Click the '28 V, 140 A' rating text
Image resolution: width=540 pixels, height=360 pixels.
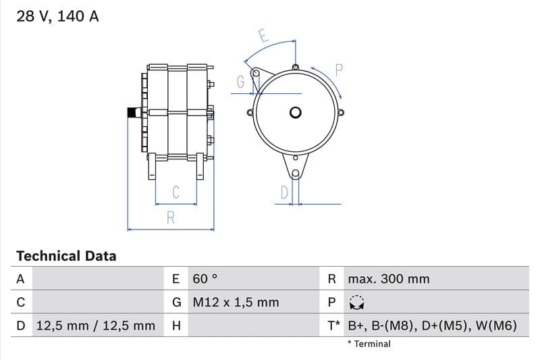[57, 17]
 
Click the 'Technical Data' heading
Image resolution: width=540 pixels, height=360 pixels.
[66, 256]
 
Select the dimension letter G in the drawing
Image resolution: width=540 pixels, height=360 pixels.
[240, 82]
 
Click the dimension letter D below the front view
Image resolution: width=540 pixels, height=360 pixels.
[284, 192]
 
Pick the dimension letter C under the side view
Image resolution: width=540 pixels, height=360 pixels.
[175, 192]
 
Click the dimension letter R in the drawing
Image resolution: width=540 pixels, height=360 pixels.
[171, 218]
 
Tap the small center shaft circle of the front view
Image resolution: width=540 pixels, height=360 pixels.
[296, 113]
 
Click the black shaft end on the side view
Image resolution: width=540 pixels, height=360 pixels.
[132, 113]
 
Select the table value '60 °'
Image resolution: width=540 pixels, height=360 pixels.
[205, 279]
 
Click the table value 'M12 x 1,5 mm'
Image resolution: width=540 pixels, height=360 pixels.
[236, 303]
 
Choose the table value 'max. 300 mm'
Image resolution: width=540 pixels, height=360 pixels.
[388, 279]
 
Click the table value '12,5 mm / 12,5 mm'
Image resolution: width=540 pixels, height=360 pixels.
[95, 326]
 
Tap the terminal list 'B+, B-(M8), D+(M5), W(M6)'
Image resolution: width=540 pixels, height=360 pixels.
[432, 326]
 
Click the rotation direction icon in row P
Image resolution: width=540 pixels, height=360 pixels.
[356, 303]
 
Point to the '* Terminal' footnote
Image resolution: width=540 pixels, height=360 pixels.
[369, 344]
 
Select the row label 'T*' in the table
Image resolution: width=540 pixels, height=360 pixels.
[333, 326]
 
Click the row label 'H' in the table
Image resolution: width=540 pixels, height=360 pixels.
[176, 326]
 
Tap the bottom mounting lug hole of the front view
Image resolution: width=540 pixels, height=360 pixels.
[295, 159]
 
